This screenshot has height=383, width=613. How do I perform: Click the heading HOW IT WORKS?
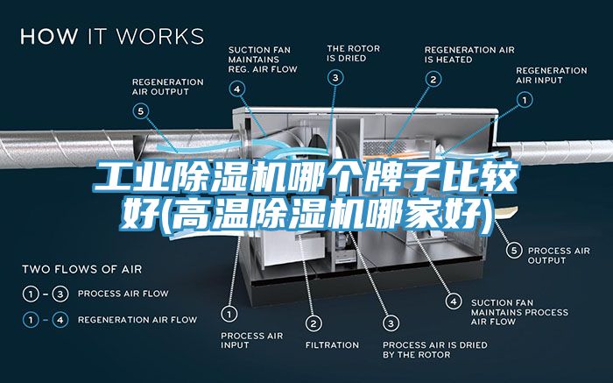(111, 37)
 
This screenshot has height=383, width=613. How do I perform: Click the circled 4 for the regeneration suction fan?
(238, 88)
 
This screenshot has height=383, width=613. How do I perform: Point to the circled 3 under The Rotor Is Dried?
(336, 78)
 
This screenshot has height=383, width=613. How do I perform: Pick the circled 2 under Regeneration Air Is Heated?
(433, 79)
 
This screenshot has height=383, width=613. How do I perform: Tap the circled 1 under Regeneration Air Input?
(525, 100)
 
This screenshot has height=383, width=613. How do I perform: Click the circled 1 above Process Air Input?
(229, 312)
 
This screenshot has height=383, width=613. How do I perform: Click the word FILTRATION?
(332, 345)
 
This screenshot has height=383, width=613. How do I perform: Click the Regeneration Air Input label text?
(551, 74)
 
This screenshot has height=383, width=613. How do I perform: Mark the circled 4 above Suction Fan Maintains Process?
(453, 300)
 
